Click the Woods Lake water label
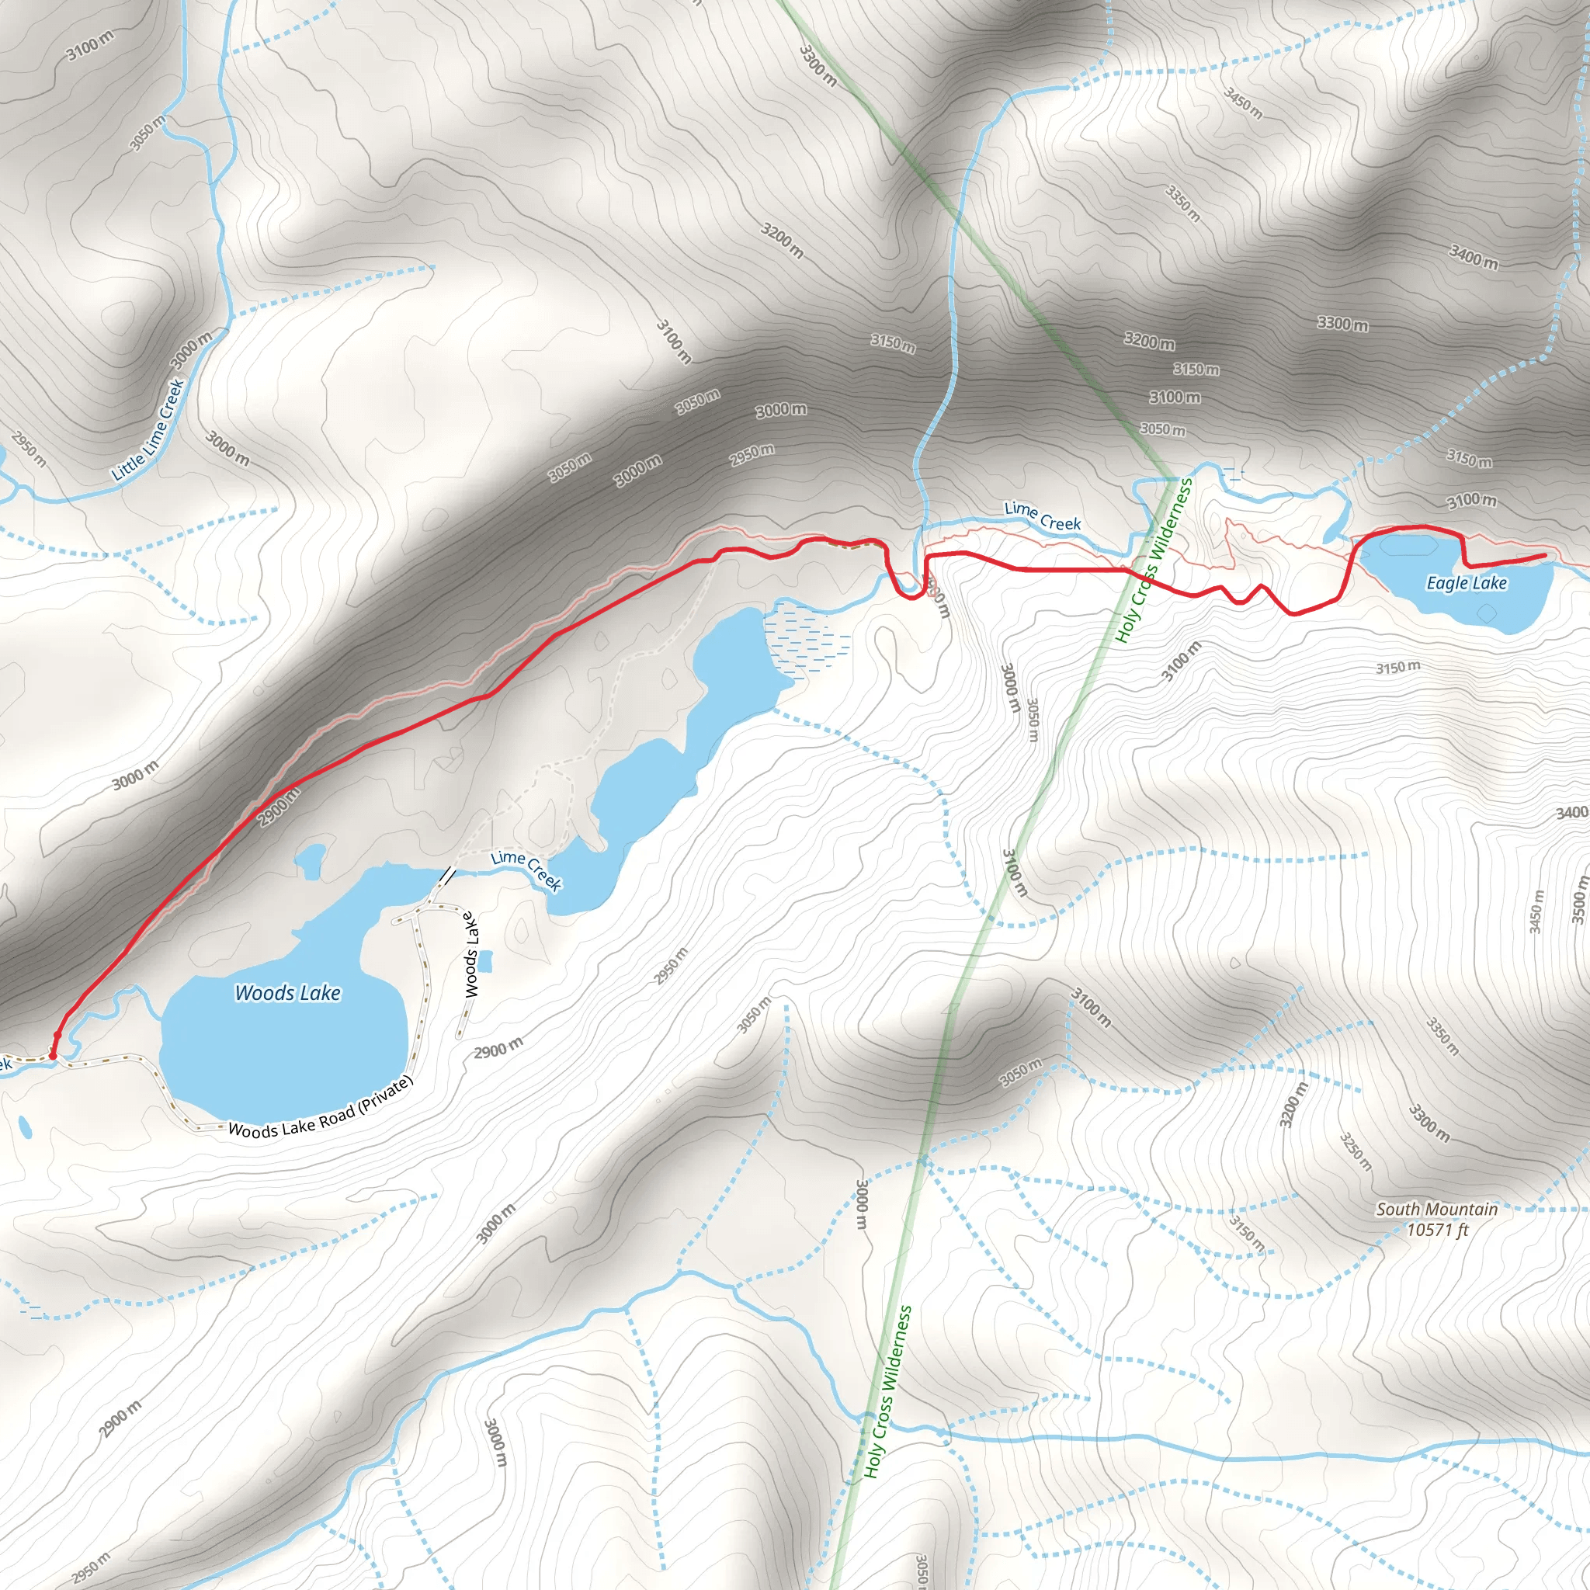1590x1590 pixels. (x=287, y=992)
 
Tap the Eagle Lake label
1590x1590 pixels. (x=1467, y=583)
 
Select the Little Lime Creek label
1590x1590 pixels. (x=148, y=429)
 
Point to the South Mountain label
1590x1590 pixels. (x=1437, y=1209)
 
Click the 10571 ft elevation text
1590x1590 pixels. (x=1437, y=1231)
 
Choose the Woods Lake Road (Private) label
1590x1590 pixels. (x=320, y=1108)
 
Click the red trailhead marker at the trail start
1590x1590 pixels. (x=53, y=1054)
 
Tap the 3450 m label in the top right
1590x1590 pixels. (x=1242, y=103)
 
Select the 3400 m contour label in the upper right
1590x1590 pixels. (x=1473, y=258)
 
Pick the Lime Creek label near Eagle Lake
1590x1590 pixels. (x=1043, y=517)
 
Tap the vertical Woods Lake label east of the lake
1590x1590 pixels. (x=470, y=955)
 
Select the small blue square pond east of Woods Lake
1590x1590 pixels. (x=485, y=960)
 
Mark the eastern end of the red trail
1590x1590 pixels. (x=1543, y=557)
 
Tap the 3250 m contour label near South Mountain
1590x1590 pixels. (x=1356, y=1152)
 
